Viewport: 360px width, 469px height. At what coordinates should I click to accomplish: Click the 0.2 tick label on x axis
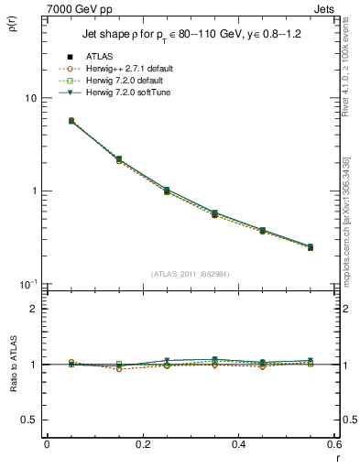pos(142,444)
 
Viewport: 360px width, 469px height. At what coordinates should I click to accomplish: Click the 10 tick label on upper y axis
pos(29,98)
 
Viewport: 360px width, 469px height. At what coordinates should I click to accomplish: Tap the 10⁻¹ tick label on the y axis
pos(27,284)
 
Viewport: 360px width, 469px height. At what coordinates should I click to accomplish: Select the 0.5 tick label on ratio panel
pos(29,420)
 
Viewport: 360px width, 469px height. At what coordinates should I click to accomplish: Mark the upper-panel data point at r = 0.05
pos(71,121)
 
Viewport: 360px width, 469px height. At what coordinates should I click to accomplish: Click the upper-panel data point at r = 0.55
pos(310,247)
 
